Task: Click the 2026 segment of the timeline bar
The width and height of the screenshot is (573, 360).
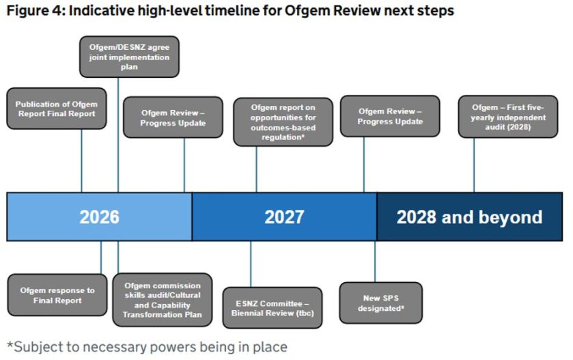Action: coord(100,217)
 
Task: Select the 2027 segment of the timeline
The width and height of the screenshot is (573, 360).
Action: coord(284,217)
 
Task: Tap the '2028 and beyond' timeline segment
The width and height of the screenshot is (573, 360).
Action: coord(470,217)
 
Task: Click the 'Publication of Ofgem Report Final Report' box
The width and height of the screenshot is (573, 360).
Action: coord(57,109)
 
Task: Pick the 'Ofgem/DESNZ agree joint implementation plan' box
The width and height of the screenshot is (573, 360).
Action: coord(129,57)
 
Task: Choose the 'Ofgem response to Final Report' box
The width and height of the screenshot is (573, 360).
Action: coord(57,295)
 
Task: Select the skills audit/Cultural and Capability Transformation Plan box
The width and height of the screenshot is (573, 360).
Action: coord(163,300)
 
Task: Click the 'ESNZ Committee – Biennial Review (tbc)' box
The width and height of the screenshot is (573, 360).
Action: coord(272,308)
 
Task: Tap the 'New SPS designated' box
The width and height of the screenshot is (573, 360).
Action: coord(381,303)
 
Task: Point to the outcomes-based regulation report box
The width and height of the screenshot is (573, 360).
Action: coord(283,122)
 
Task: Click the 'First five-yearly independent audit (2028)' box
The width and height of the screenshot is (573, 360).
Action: coord(508,117)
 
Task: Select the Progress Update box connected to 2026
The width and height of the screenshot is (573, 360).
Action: coord(173,117)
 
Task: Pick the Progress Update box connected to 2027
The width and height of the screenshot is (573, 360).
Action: coord(390,116)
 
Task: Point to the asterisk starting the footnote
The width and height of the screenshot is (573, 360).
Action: coord(10,344)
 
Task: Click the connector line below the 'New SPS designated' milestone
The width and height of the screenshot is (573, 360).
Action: coord(375,262)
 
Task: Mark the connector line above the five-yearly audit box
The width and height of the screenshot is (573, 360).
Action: coord(474,165)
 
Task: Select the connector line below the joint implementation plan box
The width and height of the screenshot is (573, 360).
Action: coord(118,135)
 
